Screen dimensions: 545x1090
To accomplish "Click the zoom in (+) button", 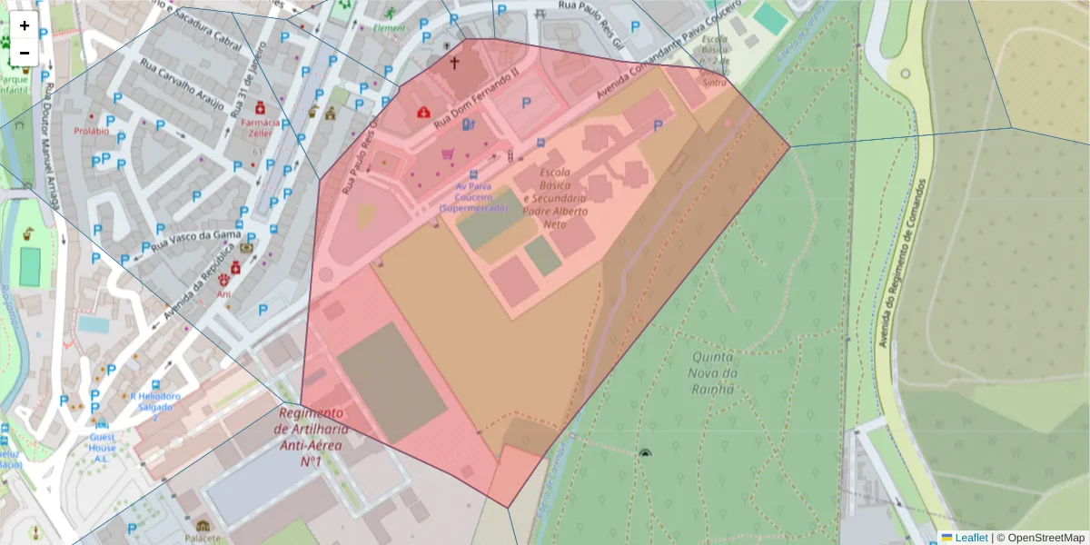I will [x=25, y=25].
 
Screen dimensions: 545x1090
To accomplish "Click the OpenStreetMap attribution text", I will [x=1045, y=537].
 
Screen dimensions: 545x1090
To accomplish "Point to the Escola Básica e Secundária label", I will [x=556, y=198].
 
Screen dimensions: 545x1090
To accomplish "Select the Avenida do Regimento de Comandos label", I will [x=901, y=263].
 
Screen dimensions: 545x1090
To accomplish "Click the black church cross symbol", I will [x=454, y=64].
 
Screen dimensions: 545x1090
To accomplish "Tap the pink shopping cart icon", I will [x=447, y=154].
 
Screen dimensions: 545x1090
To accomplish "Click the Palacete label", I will [x=202, y=538].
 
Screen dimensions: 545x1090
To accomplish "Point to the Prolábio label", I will [x=92, y=131].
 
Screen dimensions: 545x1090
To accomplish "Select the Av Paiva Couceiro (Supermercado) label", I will [x=473, y=196].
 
